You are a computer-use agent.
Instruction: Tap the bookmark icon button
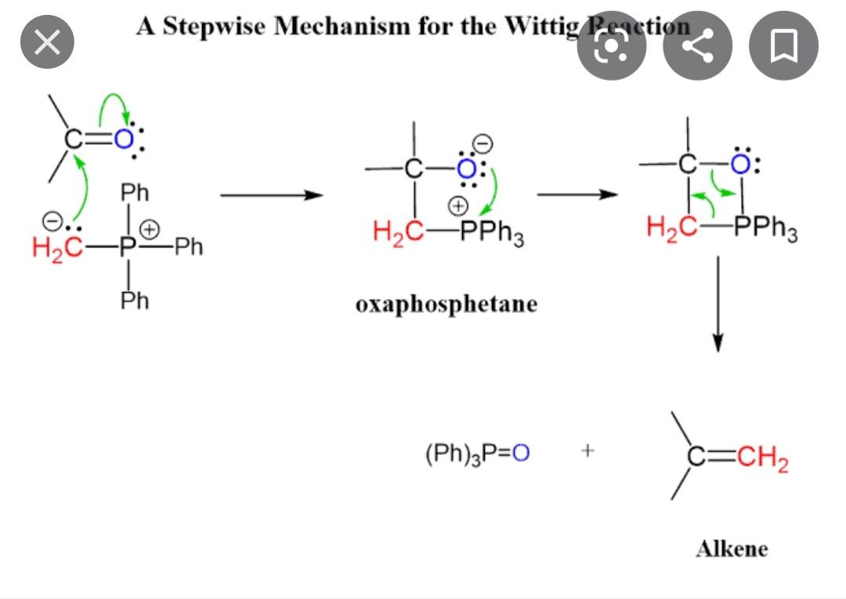783,46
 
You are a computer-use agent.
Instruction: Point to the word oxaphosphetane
446,304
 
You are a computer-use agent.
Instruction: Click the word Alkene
732,548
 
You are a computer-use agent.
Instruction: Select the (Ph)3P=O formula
477,453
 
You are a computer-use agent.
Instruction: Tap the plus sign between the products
588,451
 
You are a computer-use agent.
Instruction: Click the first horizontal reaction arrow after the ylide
271,195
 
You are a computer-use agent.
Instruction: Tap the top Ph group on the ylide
134,193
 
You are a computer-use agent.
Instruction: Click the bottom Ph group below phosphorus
134,300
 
